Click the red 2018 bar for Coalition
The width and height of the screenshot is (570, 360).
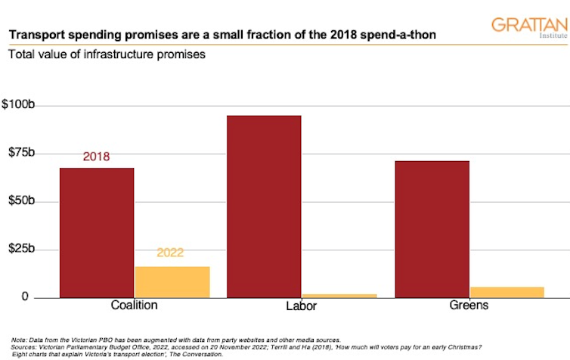point(97,232)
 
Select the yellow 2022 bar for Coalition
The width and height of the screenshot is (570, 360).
point(172,281)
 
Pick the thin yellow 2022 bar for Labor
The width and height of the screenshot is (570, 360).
point(339,295)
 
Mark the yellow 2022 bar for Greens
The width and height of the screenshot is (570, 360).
point(506,292)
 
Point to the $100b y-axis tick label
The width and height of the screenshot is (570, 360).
point(24,104)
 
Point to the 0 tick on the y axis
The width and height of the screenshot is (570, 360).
point(31,297)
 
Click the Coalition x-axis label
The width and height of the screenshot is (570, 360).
point(135,306)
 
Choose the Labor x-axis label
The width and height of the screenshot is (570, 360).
point(302,307)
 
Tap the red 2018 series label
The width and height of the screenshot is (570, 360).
point(96,157)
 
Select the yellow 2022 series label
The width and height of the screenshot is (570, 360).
point(171,253)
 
